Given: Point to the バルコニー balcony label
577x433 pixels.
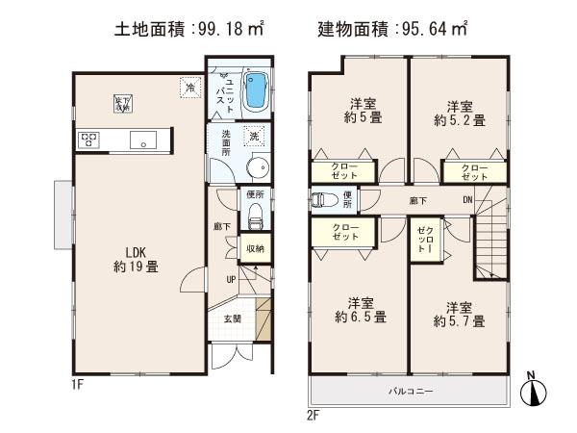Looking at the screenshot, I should click(x=410, y=392).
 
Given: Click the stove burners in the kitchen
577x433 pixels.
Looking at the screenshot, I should click(x=90, y=140).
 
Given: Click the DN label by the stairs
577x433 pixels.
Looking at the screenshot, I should click(x=467, y=200).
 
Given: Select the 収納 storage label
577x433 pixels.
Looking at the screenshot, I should click(x=254, y=248).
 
